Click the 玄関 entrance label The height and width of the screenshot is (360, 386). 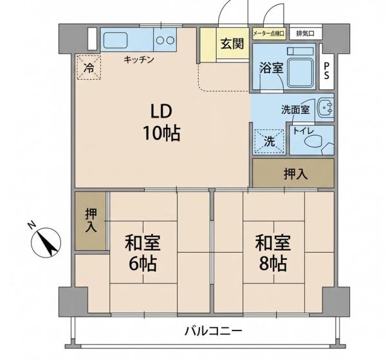click(232, 44)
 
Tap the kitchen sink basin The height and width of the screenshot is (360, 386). click(115, 40)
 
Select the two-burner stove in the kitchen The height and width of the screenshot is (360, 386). click(165, 40)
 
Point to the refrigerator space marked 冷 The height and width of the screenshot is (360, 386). click(89, 67)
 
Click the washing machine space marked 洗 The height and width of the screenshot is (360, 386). click(270, 141)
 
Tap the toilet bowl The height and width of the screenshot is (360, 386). click(313, 142)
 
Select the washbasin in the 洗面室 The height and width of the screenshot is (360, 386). click(326, 107)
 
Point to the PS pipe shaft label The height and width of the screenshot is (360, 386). click(326, 70)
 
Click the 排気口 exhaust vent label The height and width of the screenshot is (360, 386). click(305, 33)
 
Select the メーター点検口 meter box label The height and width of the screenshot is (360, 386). click(269, 33)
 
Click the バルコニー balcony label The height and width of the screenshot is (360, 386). click(214, 331)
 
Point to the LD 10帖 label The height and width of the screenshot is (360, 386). click(161, 122)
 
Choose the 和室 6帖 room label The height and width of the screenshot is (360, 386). click(143, 253)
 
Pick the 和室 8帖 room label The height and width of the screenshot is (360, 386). click(273, 253)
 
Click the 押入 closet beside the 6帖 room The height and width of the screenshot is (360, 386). click(91, 221)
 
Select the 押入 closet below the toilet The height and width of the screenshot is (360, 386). click(293, 173)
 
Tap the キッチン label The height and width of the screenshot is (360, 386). click(139, 60)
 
